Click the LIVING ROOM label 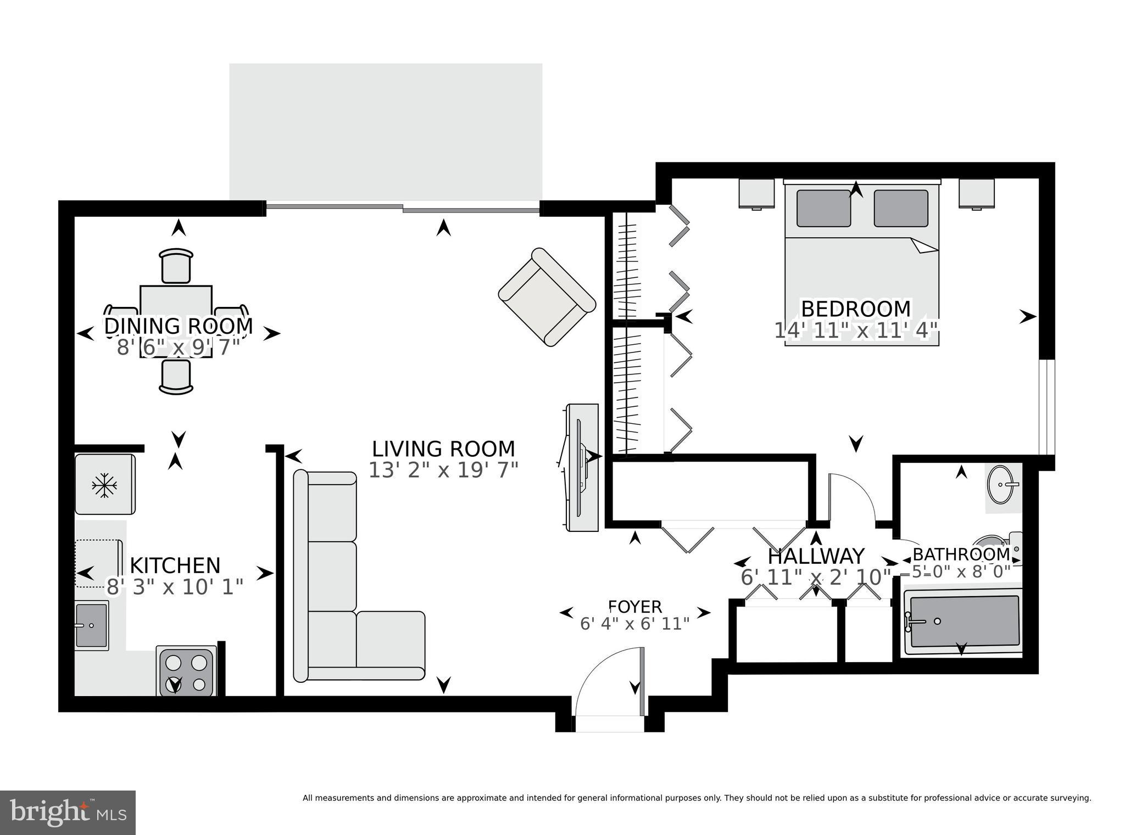point(443,449)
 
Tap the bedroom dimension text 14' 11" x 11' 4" point(855,330)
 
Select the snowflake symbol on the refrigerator point(104,485)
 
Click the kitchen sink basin point(91,625)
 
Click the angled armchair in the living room point(547,296)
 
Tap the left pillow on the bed point(823,208)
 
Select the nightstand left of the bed point(756,194)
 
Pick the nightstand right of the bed point(977,193)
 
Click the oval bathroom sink point(1001,485)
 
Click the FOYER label point(635,607)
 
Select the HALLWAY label point(816,557)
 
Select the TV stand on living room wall point(582,467)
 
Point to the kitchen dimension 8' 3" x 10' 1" point(174,587)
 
